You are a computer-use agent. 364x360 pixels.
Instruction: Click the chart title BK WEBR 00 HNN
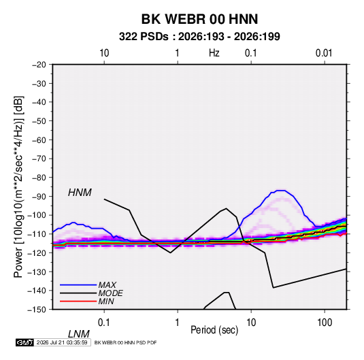(199, 19)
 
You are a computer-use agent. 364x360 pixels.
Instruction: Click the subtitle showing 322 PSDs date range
(199, 37)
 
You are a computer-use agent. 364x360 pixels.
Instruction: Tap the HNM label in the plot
(80, 193)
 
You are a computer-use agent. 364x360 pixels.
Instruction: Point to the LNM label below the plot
(79, 334)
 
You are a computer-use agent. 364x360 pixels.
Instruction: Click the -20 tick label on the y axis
(39, 65)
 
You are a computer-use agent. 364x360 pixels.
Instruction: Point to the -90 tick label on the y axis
(39, 196)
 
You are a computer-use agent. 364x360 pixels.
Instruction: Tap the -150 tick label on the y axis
(37, 310)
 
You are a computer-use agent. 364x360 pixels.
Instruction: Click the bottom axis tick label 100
(325, 323)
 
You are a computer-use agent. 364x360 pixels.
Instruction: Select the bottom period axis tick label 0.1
(104, 323)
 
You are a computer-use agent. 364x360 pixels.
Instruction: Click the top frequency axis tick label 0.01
(324, 53)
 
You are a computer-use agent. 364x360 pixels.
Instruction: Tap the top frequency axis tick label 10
(104, 53)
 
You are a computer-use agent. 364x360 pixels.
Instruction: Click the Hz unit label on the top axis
(214, 53)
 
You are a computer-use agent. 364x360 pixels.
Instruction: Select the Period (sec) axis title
(214, 330)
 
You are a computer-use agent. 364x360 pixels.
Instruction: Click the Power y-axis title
(18, 186)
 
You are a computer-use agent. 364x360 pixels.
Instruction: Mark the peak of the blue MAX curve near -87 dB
(281, 191)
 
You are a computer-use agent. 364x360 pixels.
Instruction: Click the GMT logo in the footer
(24, 342)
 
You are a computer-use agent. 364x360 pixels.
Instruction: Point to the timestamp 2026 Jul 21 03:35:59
(62, 342)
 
